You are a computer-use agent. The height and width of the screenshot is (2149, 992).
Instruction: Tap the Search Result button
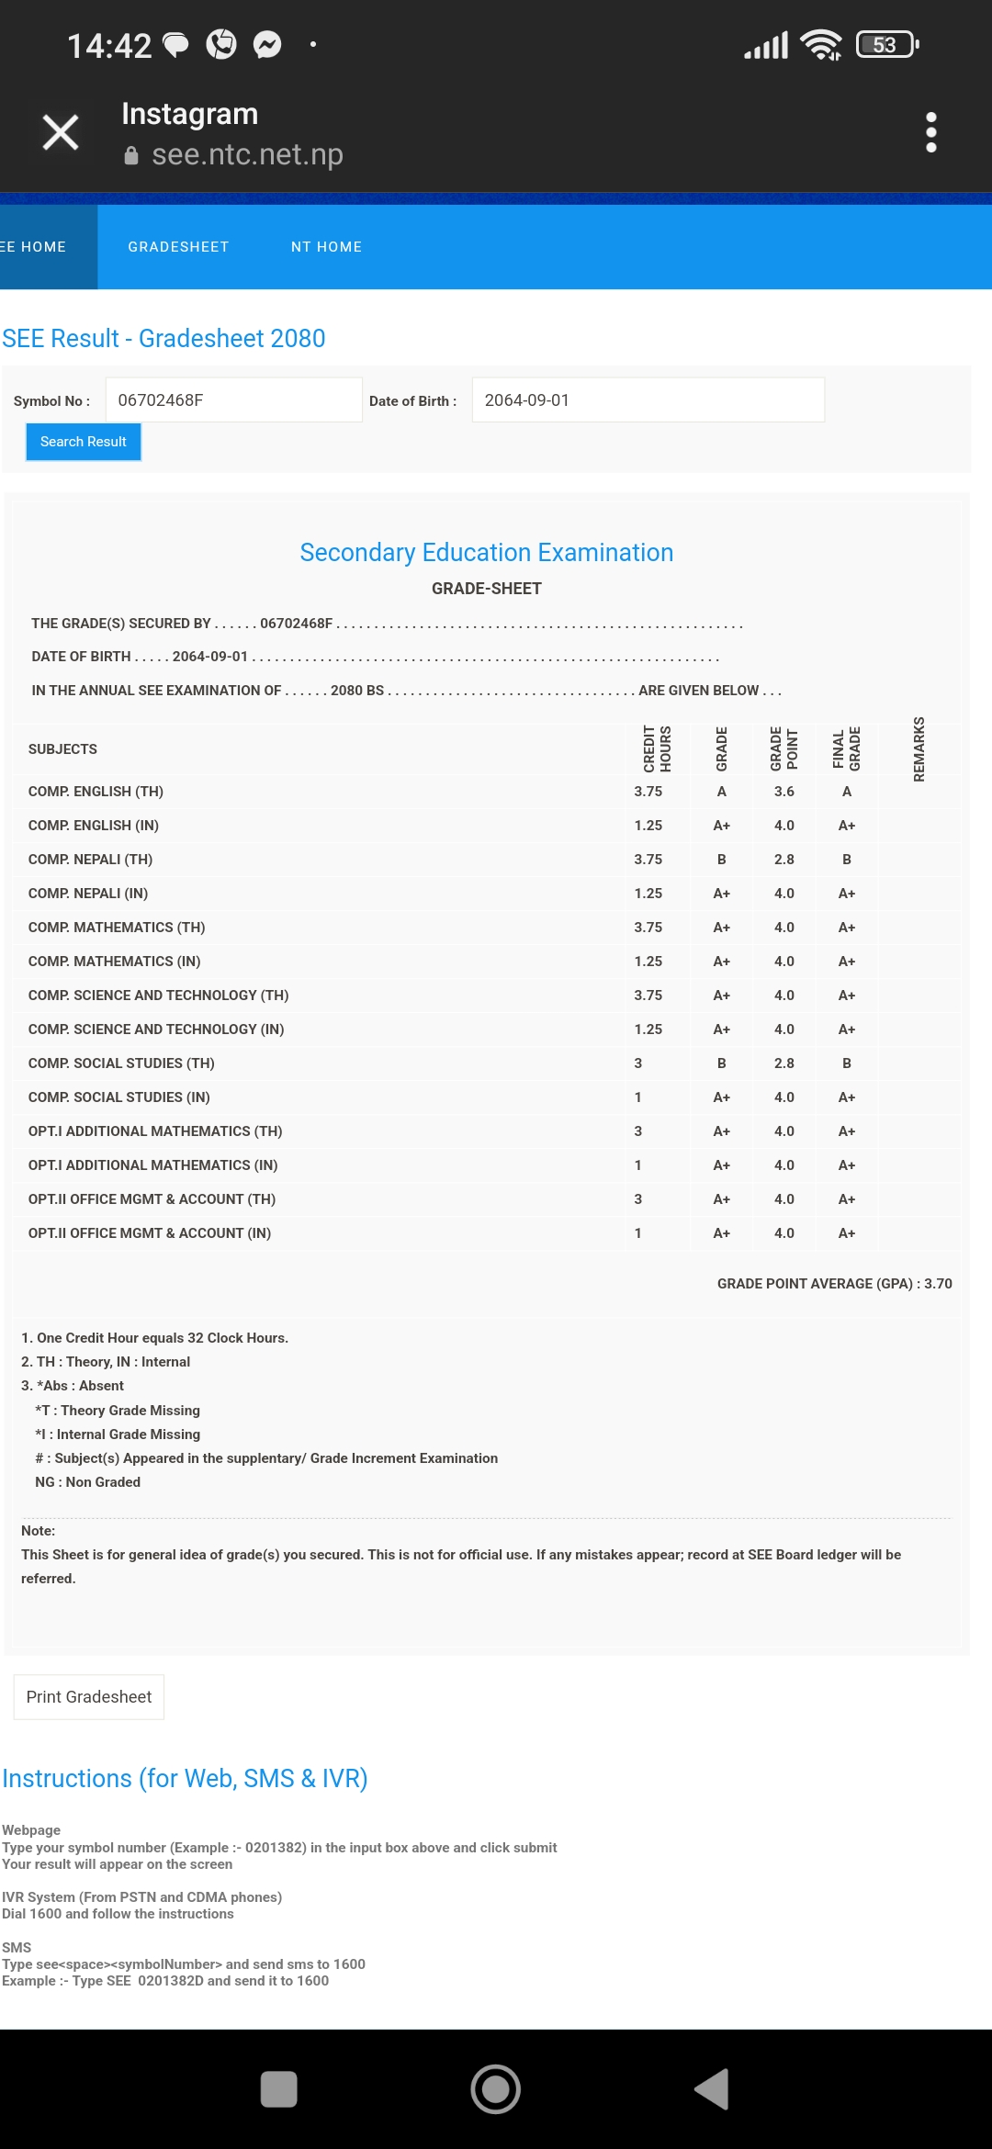click(x=83, y=442)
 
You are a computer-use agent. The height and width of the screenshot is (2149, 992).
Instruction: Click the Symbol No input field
click(x=233, y=400)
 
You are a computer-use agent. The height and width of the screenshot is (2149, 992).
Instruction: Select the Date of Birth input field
click(x=648, y=400)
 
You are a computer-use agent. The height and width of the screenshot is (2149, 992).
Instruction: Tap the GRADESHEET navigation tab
click(x=178, y=247)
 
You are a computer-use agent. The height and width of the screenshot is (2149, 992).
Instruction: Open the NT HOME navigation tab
click(x=326, y=247)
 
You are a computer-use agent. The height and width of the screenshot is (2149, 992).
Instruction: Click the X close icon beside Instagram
click(x=61, y=132)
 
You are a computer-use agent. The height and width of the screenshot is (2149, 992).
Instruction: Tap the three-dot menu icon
click(x=930, y=132)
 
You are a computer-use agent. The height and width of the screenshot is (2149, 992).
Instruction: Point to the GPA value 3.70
click(x=938, y=1284)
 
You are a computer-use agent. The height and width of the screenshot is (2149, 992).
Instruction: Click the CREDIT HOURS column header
click(x=657, y=749)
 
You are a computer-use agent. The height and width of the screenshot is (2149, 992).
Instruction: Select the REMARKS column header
click(x=919, y=749)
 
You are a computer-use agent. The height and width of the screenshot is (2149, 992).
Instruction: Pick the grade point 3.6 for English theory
click(x=783, y=792)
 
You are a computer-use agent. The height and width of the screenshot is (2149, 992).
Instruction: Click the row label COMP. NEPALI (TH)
click(x=90, y=860)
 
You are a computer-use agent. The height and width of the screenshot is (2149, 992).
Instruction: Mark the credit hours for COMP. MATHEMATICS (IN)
click(x=648, y=962)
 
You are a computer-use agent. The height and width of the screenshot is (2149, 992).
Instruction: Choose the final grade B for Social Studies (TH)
click(x=846, y=1063)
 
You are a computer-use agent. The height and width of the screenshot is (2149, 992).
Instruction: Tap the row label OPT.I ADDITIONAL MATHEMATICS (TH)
click(x=155, y=1131)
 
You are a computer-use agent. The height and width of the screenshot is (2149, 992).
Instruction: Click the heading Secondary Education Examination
click(x=486, y=553)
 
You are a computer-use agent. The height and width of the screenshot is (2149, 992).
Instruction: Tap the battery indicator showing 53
click(x=886, y=44)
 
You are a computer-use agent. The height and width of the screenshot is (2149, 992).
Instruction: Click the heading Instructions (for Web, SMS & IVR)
click(x=185, y=1779)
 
